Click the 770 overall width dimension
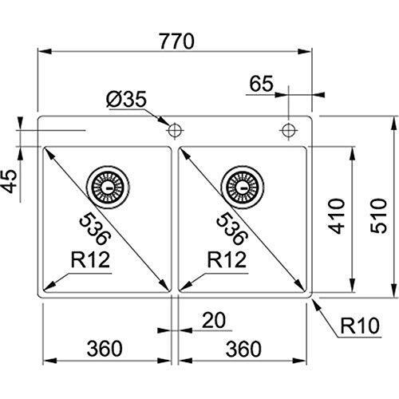coord(177,41)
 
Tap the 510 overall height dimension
coord(378,216)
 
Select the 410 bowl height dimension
coord(337,216)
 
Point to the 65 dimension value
coord(261,83)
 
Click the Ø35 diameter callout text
coord(126,100)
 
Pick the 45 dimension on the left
coord(10,181)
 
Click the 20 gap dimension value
coord(214,320)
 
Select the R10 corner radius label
coord(360,326)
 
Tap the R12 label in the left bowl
coord(90,260)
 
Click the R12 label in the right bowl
coord(227,260)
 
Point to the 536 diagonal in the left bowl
coord(95,228)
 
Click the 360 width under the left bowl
coord(105,349)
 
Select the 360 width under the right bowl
coord(243,349)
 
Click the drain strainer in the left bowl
coord(109,188)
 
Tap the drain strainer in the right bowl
coord(243,188)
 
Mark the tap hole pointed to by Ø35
coord(174,130)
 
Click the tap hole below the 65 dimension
coord(288,130)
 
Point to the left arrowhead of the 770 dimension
coord(45,51)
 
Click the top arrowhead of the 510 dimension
coord(393,123)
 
